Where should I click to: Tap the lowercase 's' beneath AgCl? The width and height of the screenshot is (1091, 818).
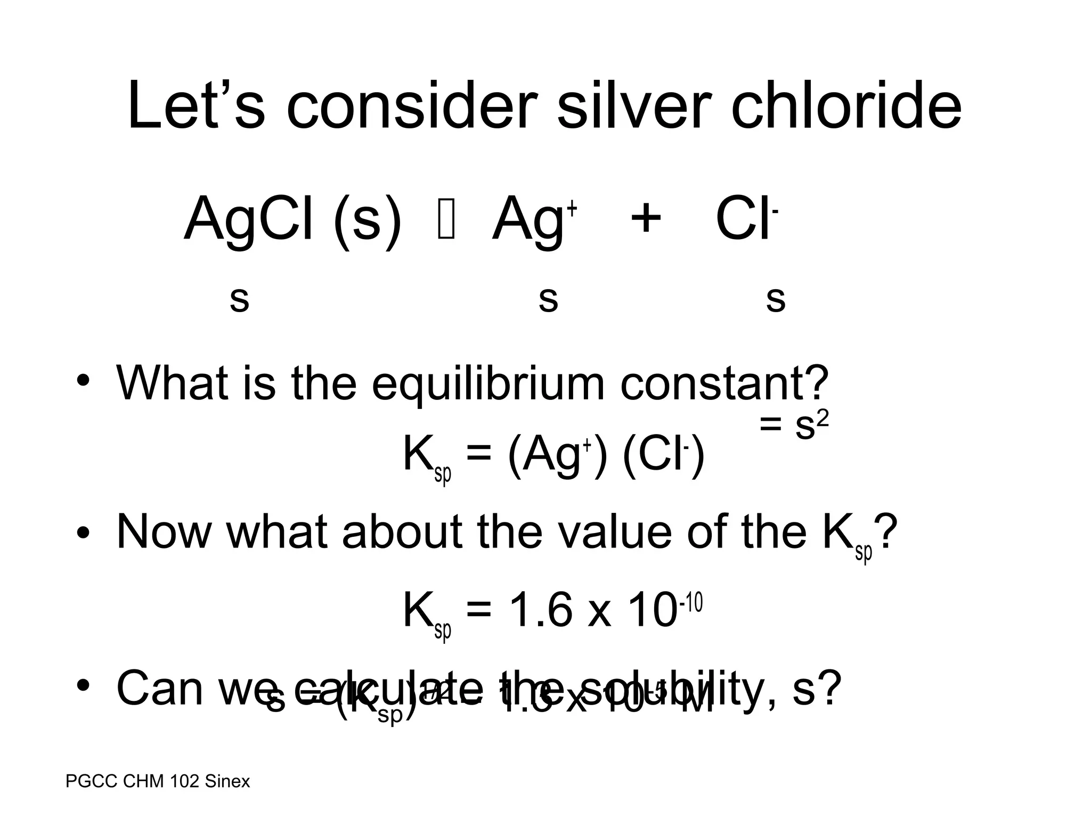[x=239, y=300]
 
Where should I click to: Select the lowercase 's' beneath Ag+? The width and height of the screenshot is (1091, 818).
[x=548, y=300]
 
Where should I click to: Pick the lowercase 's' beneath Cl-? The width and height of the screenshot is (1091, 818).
[x=776, y=300]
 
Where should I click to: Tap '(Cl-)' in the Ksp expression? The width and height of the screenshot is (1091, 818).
[x=664, y=456]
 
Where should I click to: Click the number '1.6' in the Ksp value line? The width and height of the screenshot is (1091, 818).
[x=538, y=610]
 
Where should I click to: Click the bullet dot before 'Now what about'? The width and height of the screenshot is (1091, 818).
[x=83, y=533]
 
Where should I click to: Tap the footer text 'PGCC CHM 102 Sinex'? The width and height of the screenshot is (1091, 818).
[x=158, y=781]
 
